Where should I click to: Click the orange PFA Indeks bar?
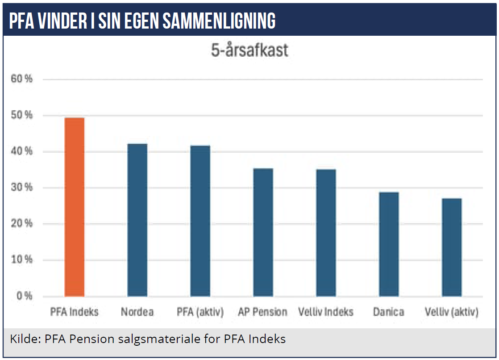point(75,207)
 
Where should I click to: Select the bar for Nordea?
point(137,220)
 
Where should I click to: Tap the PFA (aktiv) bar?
point(200,221)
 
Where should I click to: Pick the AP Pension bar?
point(263,233)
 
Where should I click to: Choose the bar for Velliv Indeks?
point(326,233)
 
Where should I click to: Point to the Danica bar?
point(389,244)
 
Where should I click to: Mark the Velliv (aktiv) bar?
point(452,247)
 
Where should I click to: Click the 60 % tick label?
point(21,79)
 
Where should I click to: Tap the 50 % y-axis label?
point(21,115)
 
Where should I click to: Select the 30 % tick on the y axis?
point(21,187)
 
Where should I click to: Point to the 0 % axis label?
point(25,296)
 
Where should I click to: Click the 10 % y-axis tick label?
point(21,260)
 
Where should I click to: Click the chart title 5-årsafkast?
point(249,50)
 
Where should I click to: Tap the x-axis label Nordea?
point(137,312)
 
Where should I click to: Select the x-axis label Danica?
point(389,312)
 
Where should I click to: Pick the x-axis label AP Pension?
point(262,312)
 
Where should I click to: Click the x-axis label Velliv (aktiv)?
point(452,312)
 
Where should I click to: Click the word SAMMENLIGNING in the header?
point(219,21)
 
